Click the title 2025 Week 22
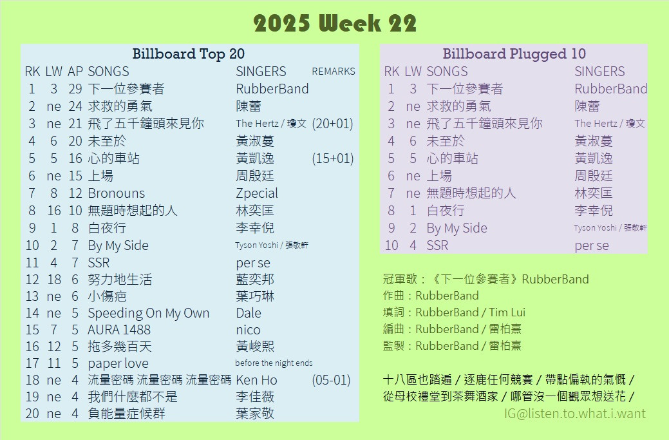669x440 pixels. point(335,23)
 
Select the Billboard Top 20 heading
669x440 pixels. point(188,53)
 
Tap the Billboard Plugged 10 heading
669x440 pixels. point(514,53)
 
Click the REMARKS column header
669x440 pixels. point(334,72)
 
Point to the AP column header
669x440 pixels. point(75,72)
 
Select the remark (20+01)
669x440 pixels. point(332,124)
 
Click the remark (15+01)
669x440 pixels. point(332,158)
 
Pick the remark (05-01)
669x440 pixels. point(331,380)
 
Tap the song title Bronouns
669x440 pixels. point(116,193)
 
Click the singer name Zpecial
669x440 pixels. point(257,193)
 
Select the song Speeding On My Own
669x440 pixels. point(149,313)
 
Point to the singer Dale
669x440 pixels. point(249,313)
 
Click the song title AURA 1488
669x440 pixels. point(119,330)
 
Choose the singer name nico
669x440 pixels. point(248,330)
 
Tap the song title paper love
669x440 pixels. point(118,363)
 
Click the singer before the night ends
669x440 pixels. point(274,363)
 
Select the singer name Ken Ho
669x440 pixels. point(256,380)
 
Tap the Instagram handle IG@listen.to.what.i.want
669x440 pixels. point(575,414)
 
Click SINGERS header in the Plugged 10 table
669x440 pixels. point(599,72)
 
